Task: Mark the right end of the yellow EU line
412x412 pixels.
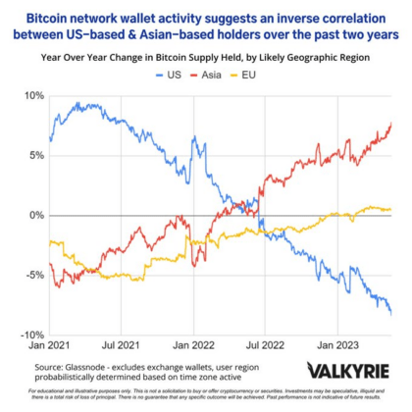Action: (391, 209)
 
